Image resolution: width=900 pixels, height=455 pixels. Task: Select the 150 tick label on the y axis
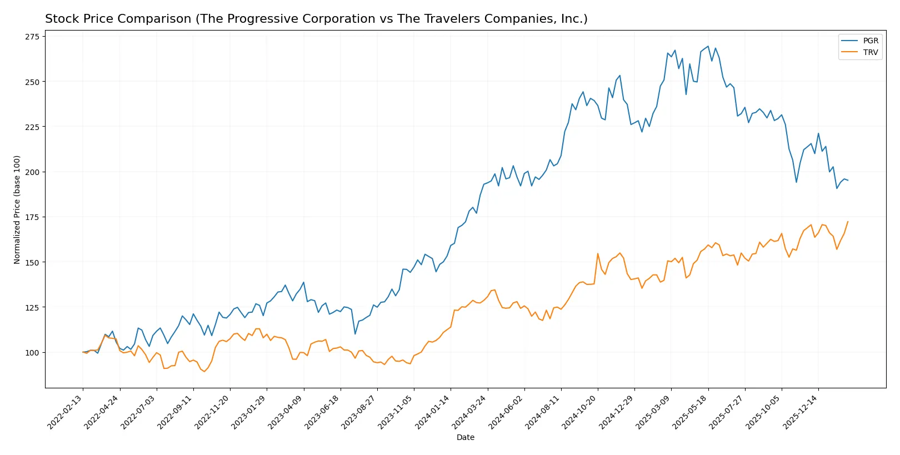[32, 262]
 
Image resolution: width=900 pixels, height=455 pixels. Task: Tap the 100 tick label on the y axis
[32, 352]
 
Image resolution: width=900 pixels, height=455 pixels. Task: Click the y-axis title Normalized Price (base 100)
[17, 209]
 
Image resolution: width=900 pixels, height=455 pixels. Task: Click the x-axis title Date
[465, 437]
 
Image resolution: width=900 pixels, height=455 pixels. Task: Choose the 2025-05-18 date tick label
[692, 412]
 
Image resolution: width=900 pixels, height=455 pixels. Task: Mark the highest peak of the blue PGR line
[708, 46]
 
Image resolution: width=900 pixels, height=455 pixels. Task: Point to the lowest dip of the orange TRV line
[204, 371]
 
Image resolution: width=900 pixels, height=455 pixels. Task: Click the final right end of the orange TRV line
[848, 222]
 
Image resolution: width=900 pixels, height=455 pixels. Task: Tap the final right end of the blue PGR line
[848, 180]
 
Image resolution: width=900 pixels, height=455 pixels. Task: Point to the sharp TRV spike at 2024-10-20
[598, 254]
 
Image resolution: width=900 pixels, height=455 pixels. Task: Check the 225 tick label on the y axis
[32, 127]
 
